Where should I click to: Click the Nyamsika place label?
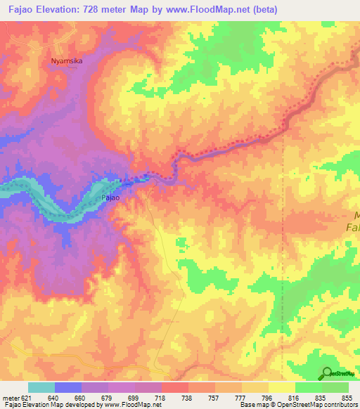pyautogui.click(x=67, y=61)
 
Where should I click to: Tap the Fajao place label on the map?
pyautogui.click(x=111, y=198)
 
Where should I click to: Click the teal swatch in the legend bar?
pyautogui.click(x=41, y=387)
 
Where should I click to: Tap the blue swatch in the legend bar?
pyautogui.click(x=68, y=387)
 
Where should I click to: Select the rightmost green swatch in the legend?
pyautogui.click(x=335, y=387)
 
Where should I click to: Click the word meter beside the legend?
pyautogui.click(x=13, y=397)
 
